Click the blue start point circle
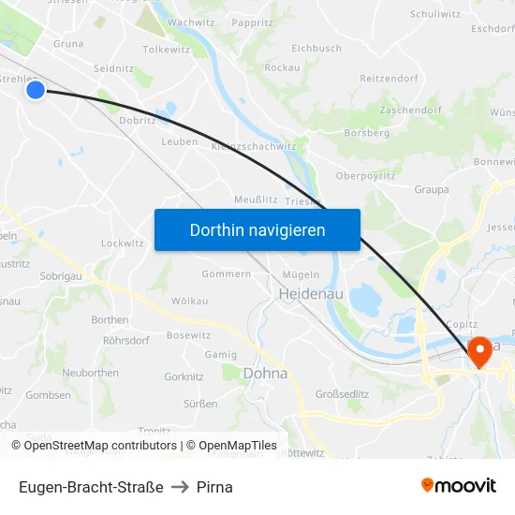click(x=36, y=90)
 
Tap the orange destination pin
click(x=481, y=351)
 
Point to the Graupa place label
click(x=431, y=189)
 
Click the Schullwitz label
click(x=435, y=14)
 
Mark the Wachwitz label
click(x=191, y=22)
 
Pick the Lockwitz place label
click(x=123, y=243)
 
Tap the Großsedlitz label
click(x=341, y=393)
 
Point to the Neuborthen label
click(x=90, y=373)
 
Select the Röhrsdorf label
click(x=126, y=341)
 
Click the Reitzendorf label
click(x=390, y=79)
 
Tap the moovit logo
click(x=459, y=485)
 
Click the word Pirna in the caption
click(x=214, y=487)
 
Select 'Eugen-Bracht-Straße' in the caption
click(x=91, y=487)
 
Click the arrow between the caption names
click(x=180, y=487)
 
